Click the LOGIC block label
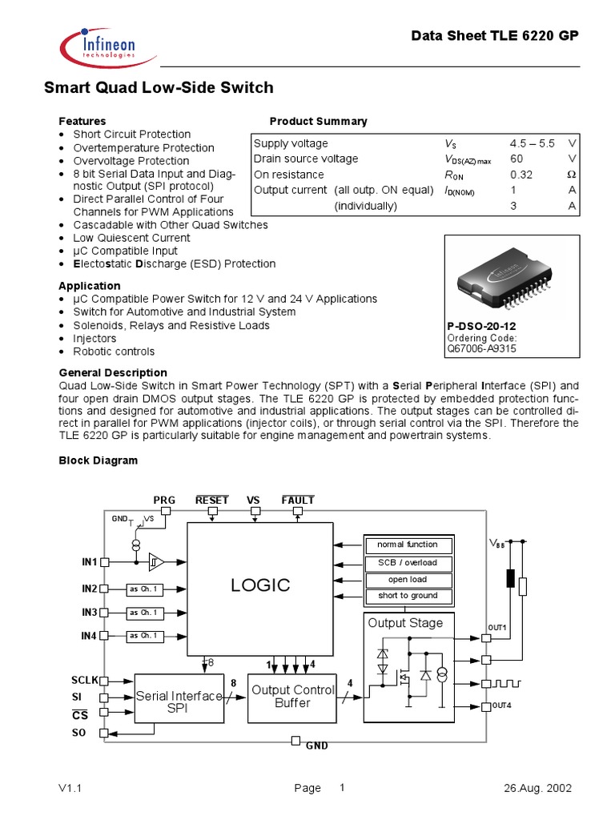[x=260, y=585]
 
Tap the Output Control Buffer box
[x=292, y=696]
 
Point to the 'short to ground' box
[x=408, y=596]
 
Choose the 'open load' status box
[x=408, y=579]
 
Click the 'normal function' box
[x=408, y=545]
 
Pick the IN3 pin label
[x=89, y=613]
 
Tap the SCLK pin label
[x=84, y=680]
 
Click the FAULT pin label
[x=298, y=500]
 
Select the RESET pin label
[x=212, y=500]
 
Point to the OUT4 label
[x=501, y=705]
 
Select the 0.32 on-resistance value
[x=521, y=175]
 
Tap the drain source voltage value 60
[x=517, y=159]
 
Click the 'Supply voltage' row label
[x=291, y=143]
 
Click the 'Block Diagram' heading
[x=98, y=460]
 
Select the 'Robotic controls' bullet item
[x=114, y=352]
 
